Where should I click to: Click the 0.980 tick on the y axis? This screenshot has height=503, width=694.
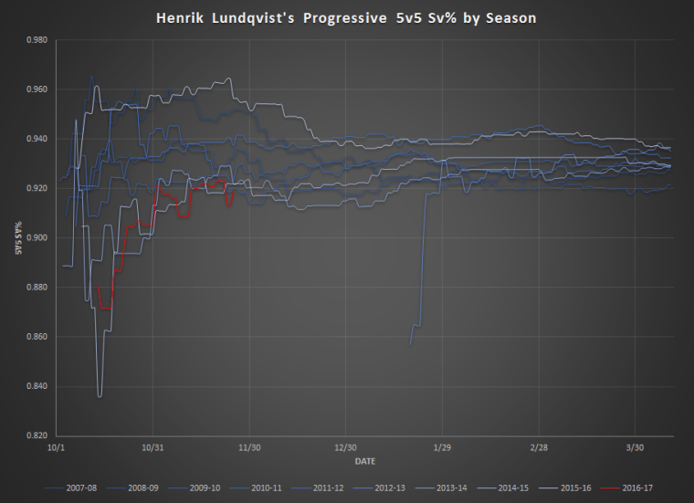(x=39, y=40)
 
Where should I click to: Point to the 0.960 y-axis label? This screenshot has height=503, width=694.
(x=39, y=89)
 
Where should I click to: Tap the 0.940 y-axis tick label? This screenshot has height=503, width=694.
(x=39, y=139)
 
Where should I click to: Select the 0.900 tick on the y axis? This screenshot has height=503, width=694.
(x=39, y=238)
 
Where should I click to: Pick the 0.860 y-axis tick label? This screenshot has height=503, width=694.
(x=39, y=338)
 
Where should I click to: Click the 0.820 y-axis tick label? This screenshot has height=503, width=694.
(x=39, y=436)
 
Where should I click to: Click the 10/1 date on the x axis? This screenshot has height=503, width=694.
(x=56, y=447)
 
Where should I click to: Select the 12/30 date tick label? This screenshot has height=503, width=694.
(x=345, y=447)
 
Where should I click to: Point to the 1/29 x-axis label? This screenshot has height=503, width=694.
(x=442, y=447)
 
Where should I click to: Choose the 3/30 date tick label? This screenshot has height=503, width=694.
(x=635, y=447)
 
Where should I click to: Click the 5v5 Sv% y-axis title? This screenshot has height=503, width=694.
(x=18, y=238)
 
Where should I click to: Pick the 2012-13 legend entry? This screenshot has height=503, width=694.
(x=387, y=487)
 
